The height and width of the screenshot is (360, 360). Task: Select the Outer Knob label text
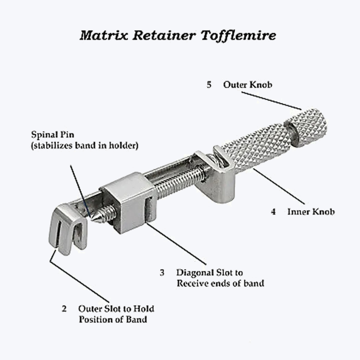[248, 85]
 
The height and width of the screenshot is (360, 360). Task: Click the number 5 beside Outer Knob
[209, 85]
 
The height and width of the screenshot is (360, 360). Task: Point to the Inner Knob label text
[311, 212]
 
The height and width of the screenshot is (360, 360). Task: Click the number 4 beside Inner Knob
[273, 212]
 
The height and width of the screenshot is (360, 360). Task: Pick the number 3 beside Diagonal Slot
[162, 273]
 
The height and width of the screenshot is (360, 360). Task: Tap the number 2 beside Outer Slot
[64, 309]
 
